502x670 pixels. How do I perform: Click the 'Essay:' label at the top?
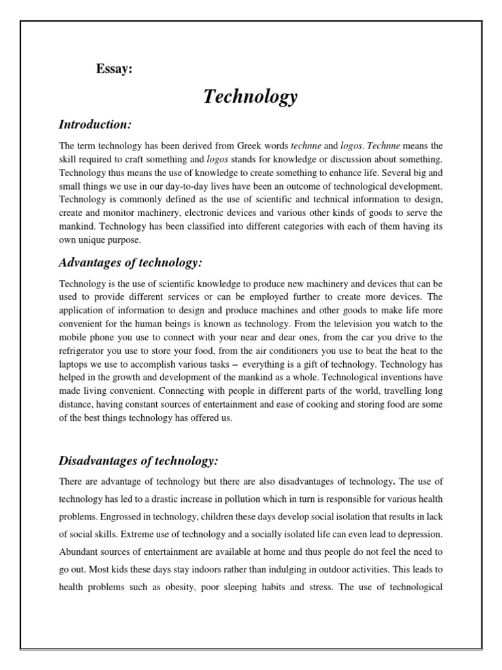click(114, 70)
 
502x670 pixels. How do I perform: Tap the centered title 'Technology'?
click(250, 97)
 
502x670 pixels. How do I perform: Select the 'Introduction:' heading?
click(95, 124)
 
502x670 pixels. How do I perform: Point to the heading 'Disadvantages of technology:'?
click(138, 461)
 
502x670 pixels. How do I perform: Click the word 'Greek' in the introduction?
click(241, 145)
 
